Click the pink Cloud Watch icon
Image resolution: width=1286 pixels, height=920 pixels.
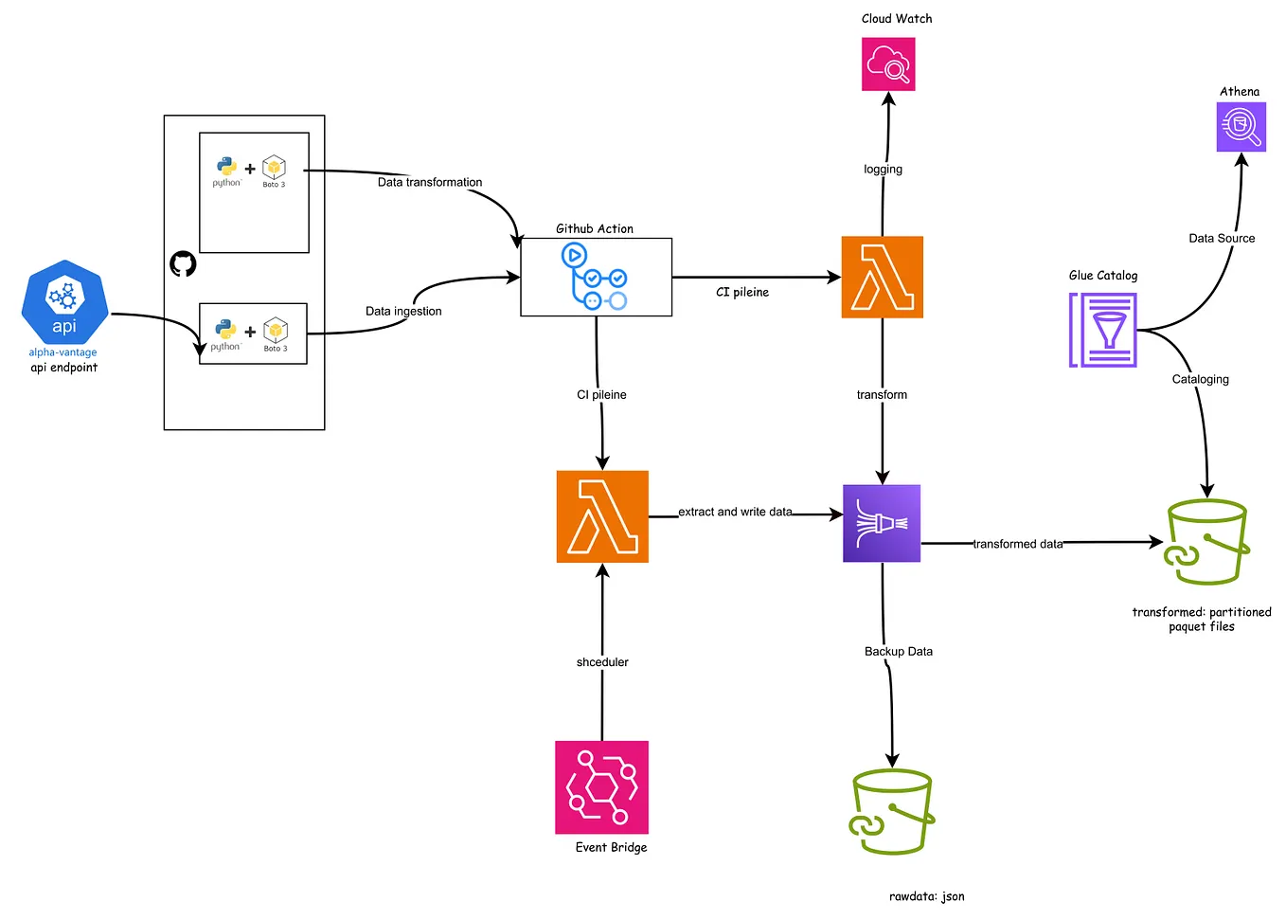click(887, 64)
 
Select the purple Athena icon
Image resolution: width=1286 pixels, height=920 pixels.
click(1241, 127)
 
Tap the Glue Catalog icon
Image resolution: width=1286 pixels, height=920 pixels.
click(1103, 330)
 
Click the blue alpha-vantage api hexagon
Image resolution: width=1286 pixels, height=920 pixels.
click(64, 302)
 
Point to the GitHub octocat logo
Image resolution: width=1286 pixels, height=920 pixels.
click(183, 263)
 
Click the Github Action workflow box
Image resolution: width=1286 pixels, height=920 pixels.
click(596, 277)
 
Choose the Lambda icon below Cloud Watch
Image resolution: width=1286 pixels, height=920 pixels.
click(882, 277)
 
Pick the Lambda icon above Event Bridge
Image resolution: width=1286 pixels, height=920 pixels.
click(602, 516)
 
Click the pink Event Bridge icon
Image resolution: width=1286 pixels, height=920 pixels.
click(601, 787)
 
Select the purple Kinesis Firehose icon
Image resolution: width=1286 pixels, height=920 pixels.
click(882, 524)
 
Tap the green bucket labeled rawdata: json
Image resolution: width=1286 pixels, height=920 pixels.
click(891, 812)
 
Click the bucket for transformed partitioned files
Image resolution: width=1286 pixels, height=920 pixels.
click(1206, 543)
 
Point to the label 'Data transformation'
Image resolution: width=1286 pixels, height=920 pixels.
click(430, 182)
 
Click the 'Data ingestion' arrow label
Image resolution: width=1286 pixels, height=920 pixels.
click(403, 311)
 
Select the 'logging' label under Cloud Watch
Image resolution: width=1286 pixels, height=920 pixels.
click(883, 169)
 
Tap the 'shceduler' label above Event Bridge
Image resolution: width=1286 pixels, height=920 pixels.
click(602, 662)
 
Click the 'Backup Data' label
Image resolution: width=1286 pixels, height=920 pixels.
click(898, 651)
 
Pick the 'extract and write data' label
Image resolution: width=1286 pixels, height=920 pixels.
click(735, 512)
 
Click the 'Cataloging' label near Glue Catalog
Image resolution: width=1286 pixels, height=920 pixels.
click(1200, 379)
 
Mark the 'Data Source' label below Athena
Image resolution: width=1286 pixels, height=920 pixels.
click(1222, 238)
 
